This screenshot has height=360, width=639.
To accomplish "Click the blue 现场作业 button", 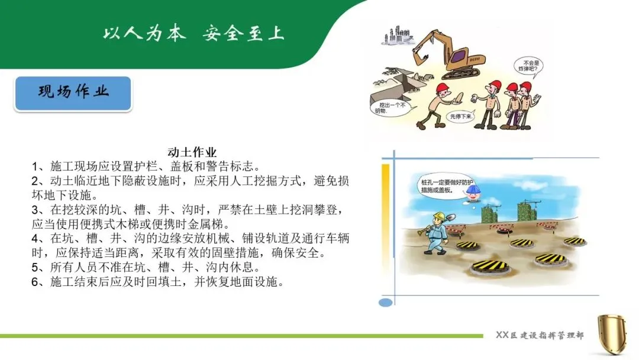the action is click(x=73, y=94).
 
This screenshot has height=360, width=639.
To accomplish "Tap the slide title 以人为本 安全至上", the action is click(x=193, y=33).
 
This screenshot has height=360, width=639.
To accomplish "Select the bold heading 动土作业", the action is click(x=192, y=152).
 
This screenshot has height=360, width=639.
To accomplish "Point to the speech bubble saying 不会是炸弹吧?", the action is click(x=528, y=66).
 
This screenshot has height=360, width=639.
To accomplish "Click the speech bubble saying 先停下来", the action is click(x=461, y=117).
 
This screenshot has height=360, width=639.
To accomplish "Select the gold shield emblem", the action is click(x=612, y=334).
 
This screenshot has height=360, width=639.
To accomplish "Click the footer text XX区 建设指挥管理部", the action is click(x=540, y=335).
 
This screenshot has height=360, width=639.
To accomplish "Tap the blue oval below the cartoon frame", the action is click(x=386, y=303).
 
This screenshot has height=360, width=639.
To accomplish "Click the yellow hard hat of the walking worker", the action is click(x=439, y=216).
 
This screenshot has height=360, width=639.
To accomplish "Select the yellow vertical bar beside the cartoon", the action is click(x=385, y=210).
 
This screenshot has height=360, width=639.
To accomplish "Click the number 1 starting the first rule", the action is click(x=35, y=166).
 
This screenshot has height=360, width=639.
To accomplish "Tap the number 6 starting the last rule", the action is click(x=35, y=282).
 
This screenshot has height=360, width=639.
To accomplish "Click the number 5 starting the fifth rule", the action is click(x=35, y=268).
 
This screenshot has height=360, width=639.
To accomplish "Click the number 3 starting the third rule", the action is click(x=35, y=210).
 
